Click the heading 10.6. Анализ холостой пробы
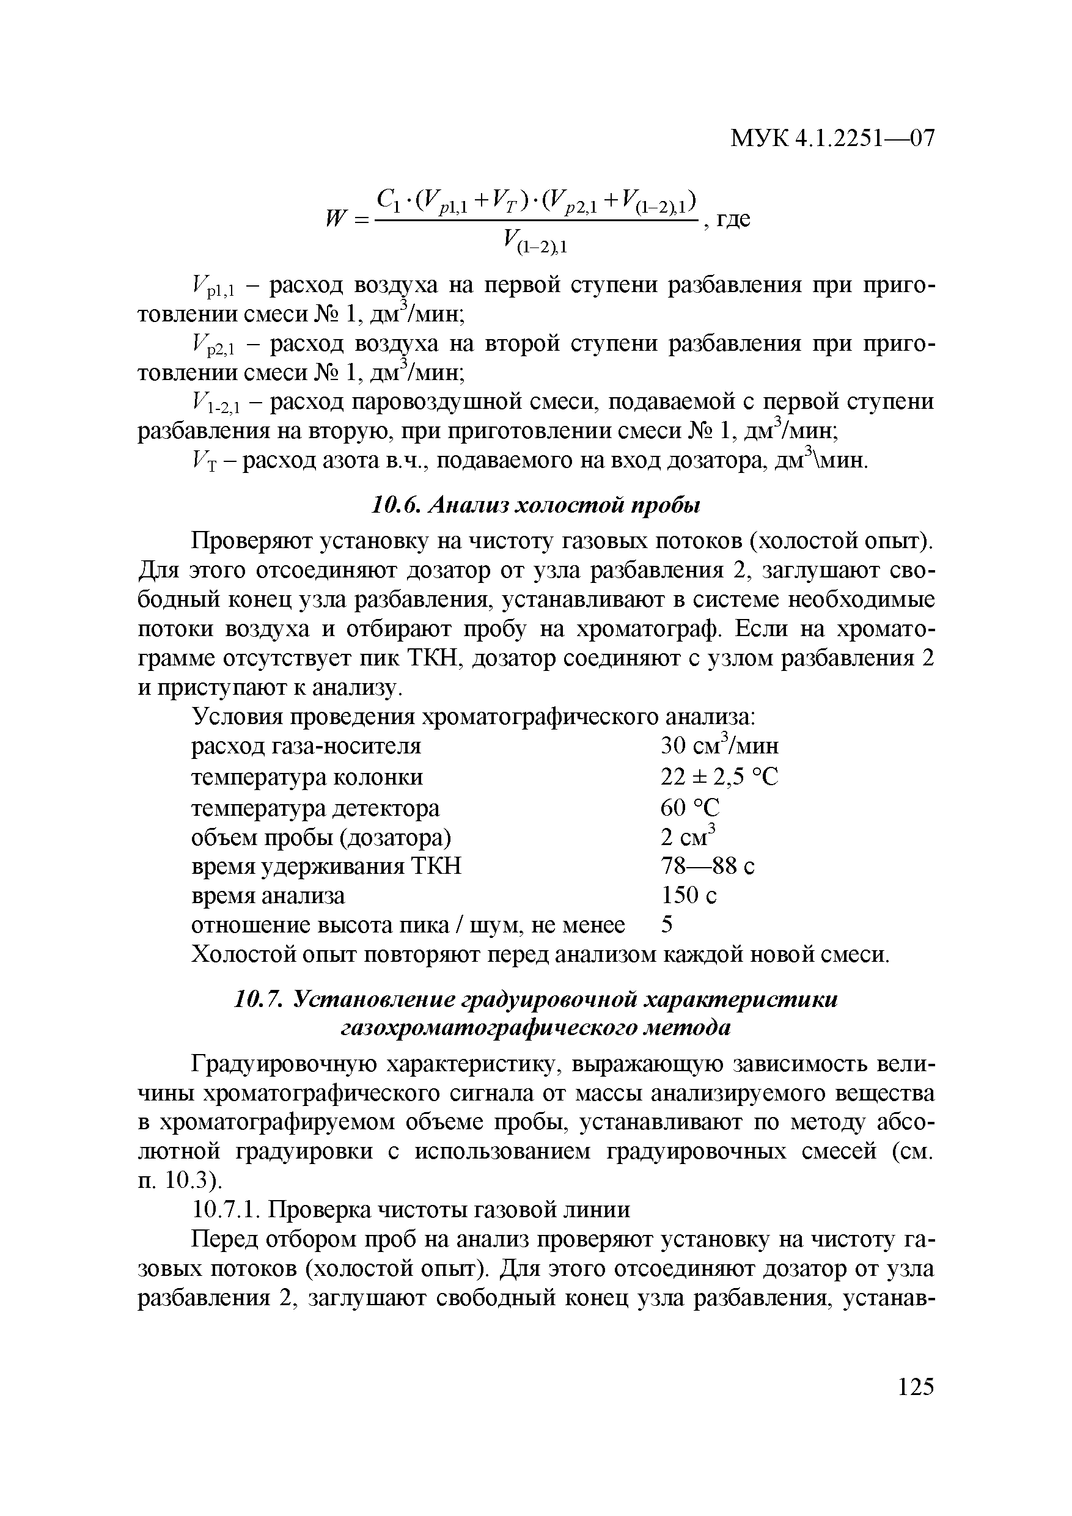[534, 505]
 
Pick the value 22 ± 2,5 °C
[719, 777]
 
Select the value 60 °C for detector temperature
[689, 807]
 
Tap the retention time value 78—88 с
[707, 866]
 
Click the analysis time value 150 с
[688, 895]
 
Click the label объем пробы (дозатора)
[321, 837]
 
